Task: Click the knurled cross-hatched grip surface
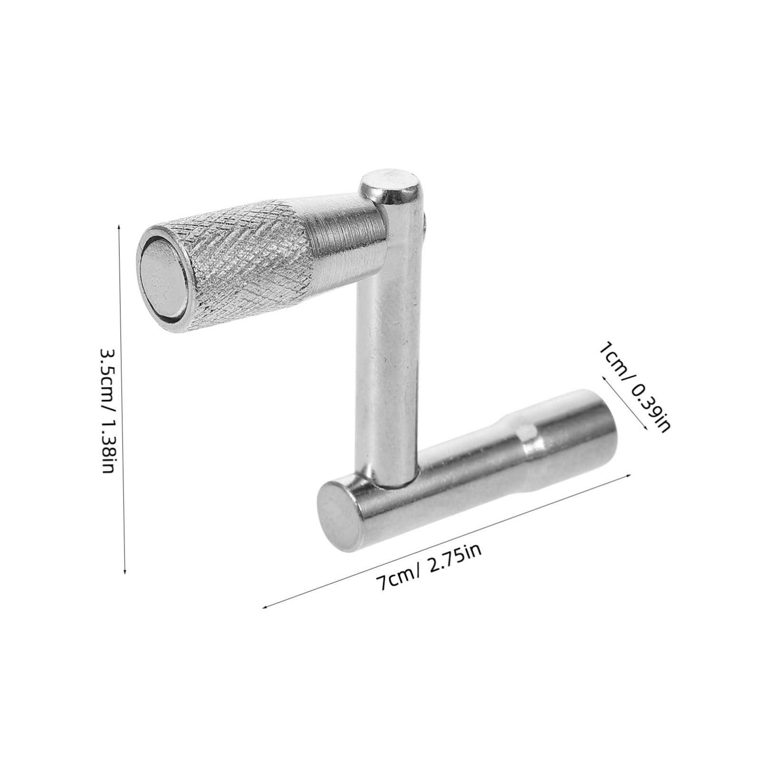coord(247,266)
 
